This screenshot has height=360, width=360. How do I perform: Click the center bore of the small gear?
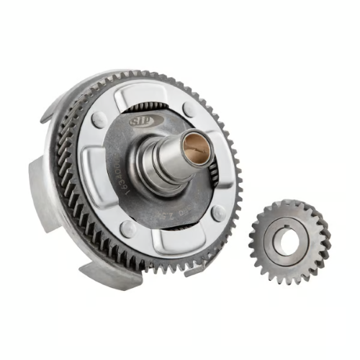[289, 243]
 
